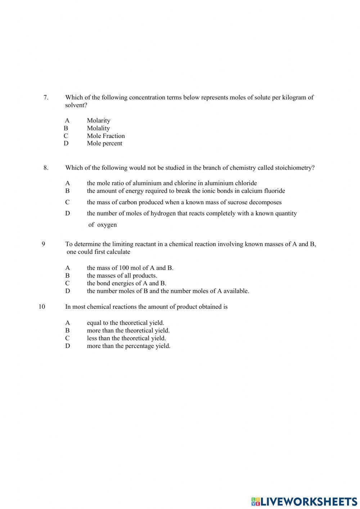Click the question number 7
click(x=46, y=97)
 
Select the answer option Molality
click(x=98, y=128)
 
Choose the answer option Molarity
click(x=98, y=120)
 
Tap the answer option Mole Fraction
click(x=105, y=136)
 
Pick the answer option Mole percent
click(x=104, y=143)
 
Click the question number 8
click(x=46, y=168)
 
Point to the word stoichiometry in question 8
click(x=294, y=168)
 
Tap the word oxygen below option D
click(x=107, y=225)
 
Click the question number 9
click(x=44, y=244)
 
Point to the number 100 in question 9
click(x=123, y=268)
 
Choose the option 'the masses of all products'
click(x=122, y=276)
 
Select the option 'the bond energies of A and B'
click(x=126, y=283)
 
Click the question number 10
click(x=42, y=307)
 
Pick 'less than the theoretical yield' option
click(x=126, y=338)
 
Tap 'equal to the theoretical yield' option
click(x=125, y=323)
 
